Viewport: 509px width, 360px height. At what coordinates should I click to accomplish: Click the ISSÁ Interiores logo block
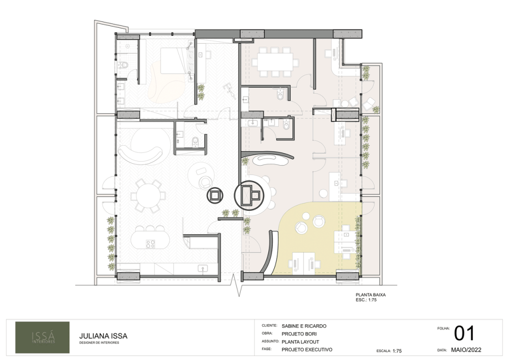click(43, 337)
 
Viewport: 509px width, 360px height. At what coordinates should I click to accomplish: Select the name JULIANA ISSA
click(103, 336)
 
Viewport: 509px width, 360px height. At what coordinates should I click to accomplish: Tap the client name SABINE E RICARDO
click(304, 326)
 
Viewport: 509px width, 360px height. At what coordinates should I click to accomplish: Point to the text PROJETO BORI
click(299, 334)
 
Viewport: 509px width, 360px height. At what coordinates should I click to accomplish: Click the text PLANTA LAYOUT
click(300, 342)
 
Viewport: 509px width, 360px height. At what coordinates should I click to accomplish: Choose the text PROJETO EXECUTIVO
click(307, 350)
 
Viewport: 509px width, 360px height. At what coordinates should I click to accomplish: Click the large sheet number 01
click(464, 333)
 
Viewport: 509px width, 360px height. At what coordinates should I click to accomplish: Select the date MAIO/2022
click(466, 350)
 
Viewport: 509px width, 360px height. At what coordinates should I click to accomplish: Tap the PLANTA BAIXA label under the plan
click(371, 295)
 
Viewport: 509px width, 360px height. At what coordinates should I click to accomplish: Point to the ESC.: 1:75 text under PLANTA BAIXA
click(366, 300)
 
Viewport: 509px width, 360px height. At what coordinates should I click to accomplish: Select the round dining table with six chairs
click(148, 196)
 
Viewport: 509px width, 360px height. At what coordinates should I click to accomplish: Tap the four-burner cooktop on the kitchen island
click(150, 244)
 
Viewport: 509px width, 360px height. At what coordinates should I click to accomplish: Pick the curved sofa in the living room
click(140, 154)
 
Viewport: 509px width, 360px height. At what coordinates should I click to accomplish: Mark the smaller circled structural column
click(215, 195)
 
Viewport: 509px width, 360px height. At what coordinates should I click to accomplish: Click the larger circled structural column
click(250, 195)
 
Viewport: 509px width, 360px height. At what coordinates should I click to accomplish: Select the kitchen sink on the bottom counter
click(203, 268)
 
